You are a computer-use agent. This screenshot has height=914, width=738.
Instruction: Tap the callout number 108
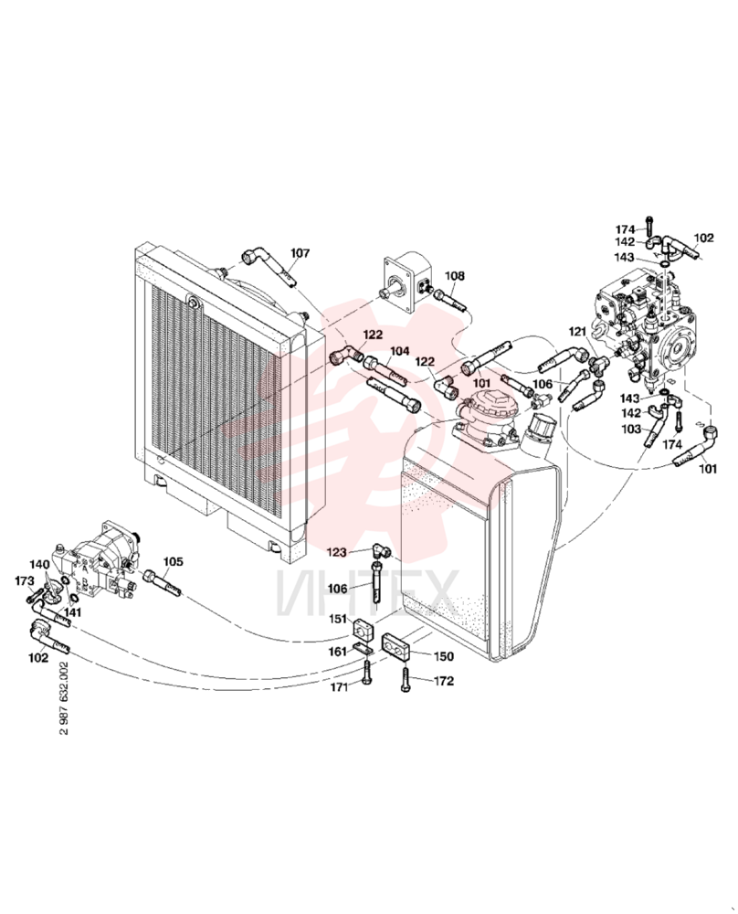[456, 276]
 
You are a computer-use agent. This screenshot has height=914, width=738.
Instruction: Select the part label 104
[399, 351]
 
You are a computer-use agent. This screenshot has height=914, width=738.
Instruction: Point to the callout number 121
[577, 332]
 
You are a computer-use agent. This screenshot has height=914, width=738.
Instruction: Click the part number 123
[337, 551]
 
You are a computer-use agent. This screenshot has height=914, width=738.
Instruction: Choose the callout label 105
[173, 561]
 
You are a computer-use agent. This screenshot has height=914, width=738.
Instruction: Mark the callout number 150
[443, 656]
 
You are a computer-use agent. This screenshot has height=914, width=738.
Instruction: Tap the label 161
[337, 651]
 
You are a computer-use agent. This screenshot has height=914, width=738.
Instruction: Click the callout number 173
[25, 580]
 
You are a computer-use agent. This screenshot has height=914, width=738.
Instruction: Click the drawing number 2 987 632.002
[64, 697]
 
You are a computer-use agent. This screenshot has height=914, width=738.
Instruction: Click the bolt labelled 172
[405, 679]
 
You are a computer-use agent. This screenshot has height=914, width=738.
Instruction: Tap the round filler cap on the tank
[539, 426]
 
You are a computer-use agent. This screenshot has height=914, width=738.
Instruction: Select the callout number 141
[73, 612]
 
